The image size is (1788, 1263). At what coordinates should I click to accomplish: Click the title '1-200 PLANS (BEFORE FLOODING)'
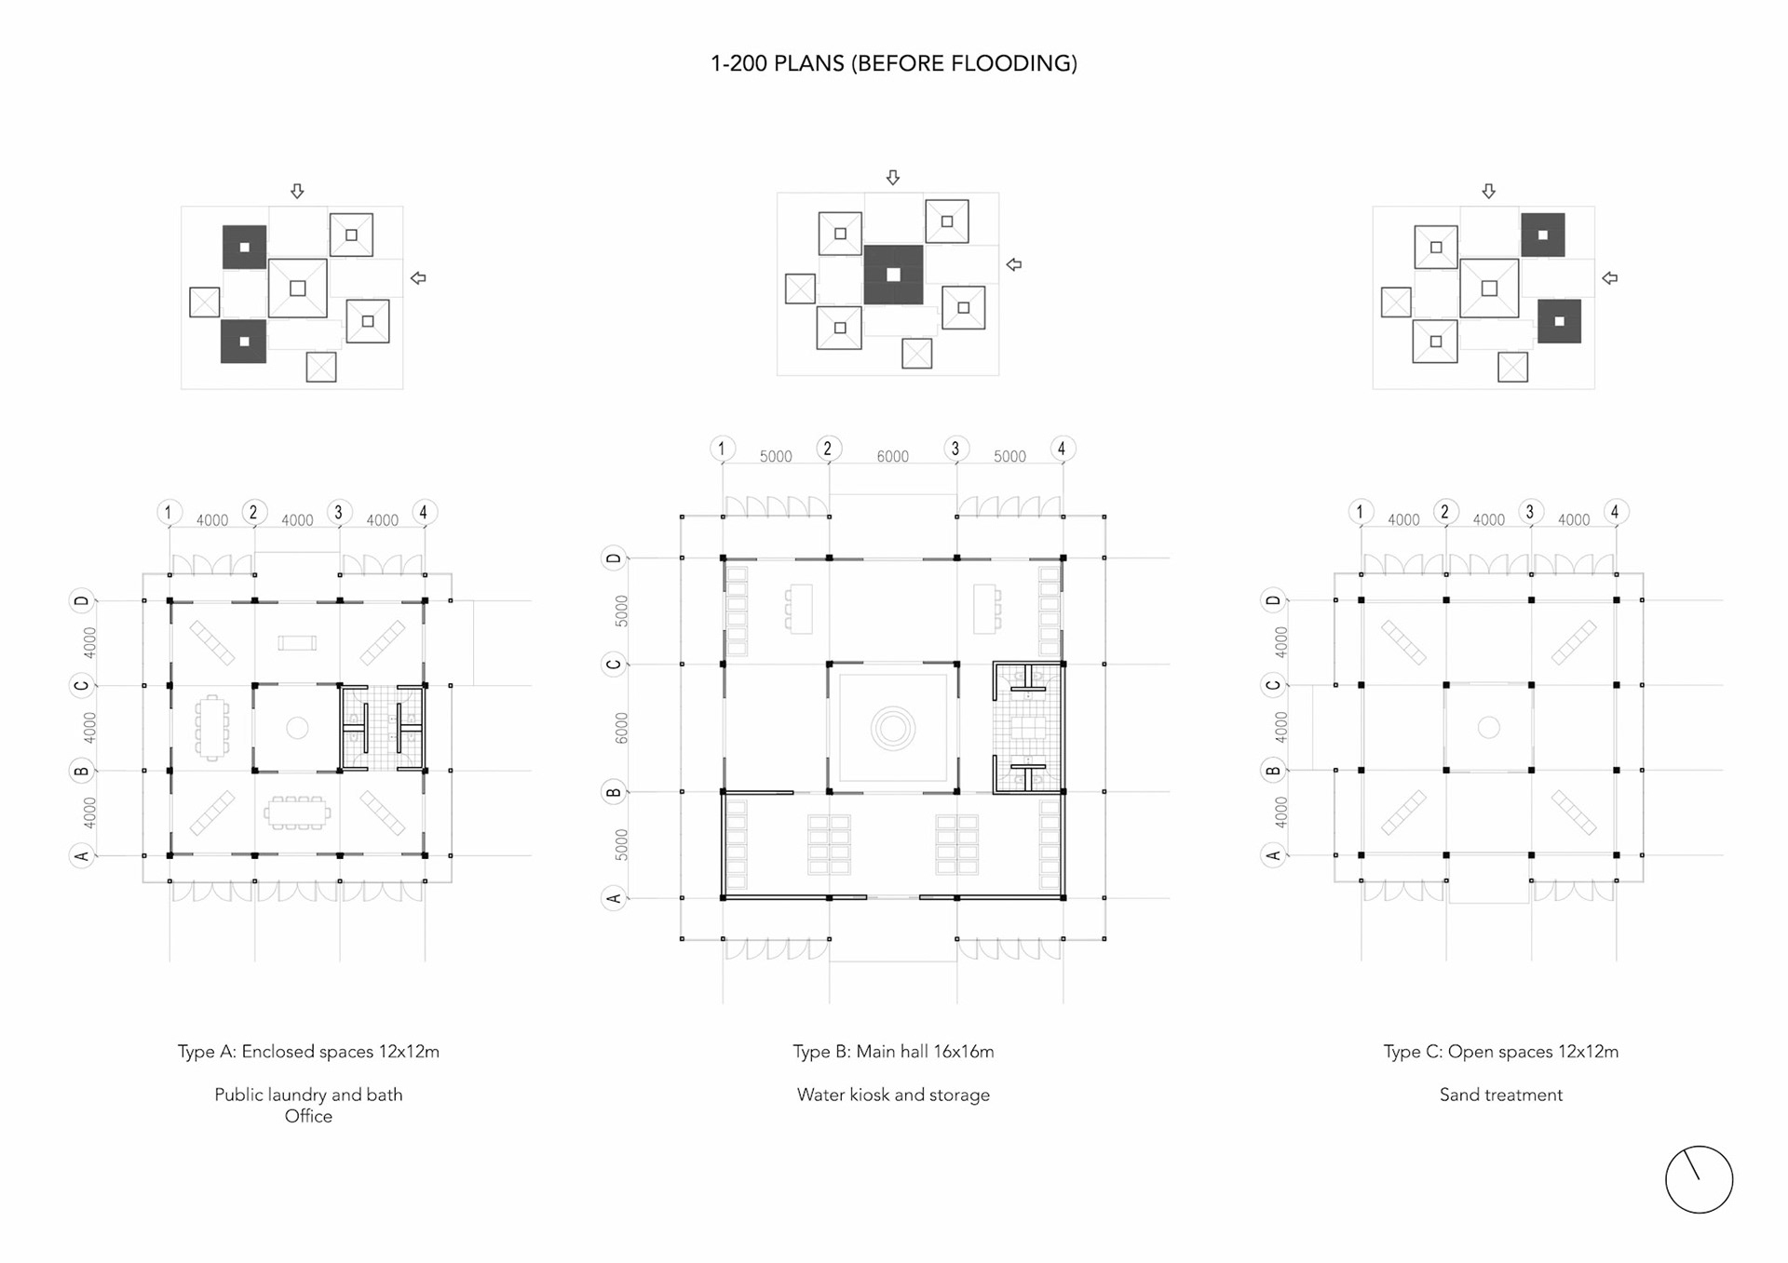[893, 63]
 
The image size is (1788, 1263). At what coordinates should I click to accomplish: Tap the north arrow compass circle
[1699, 1179]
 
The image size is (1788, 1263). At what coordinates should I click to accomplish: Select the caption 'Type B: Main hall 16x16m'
[893, 1052]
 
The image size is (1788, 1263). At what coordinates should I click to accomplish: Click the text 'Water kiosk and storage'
[893, 1095]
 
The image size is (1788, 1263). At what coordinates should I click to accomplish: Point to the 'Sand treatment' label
[1500, 1095]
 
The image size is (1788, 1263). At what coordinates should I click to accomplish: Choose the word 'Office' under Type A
[308, 1117]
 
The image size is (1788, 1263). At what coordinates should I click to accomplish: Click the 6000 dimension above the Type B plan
[892, 456]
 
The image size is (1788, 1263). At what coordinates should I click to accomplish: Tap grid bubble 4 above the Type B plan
[1062, 449]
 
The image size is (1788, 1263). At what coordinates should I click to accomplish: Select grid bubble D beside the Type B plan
[614, 558]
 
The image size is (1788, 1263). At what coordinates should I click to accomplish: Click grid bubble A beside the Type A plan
[82, 855]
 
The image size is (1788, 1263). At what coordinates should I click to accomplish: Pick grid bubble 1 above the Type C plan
[1360, 512]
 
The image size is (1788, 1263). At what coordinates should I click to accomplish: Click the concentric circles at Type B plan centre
[893, 728]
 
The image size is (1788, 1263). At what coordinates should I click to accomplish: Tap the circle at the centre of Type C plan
[1488, 727]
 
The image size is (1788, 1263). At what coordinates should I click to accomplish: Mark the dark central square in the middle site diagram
[893, 275]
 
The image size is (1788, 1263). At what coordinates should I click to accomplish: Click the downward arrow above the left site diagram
[297, 191]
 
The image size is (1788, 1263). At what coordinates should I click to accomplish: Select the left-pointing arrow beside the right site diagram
[1609, 278]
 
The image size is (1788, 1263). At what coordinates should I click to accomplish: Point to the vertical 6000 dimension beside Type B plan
[622, 728]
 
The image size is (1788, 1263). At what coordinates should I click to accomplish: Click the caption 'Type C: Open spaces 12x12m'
[1500, 1052]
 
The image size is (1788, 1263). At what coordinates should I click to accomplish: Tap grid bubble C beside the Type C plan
[1273, 686]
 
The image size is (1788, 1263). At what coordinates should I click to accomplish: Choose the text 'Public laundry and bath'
[308, 1095]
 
